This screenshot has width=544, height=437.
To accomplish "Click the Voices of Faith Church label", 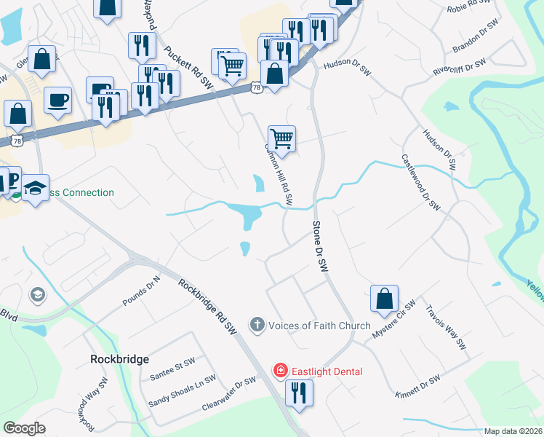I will pos(319,326).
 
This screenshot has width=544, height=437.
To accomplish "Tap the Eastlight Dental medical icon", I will pos(279,371).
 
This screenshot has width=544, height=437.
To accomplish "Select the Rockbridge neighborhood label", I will pos(119,359).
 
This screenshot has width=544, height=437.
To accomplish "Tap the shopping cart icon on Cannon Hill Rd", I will pos(281,138).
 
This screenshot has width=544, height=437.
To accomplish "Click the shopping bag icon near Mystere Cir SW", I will pos(384,298).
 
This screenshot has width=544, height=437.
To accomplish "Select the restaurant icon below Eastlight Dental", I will pos(299,393).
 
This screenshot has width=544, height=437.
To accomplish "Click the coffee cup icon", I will pos(57,100).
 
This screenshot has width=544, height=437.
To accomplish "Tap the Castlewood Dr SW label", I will pos(421,182).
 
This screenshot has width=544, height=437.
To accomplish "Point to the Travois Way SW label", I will pos(445,327).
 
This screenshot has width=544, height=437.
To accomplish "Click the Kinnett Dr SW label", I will pos(418,386).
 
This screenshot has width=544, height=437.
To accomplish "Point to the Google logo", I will pos(24,428).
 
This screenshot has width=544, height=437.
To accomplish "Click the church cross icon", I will pos(257,326).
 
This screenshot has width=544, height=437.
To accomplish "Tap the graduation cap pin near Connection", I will pos(35,188).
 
